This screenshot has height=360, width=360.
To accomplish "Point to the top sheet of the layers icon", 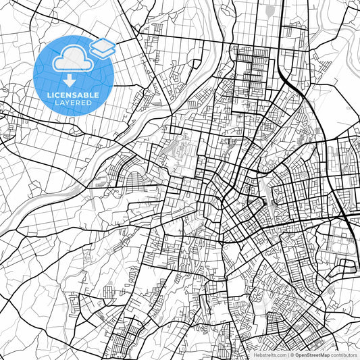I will (x=102, y=43).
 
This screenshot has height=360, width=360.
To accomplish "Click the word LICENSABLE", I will (x=73, y=95).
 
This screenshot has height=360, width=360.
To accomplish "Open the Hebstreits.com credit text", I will (x=269, y=355).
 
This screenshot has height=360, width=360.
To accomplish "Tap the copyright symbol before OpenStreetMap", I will (x=292, y=355).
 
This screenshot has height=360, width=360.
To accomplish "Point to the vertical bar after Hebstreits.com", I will (x=288, y=355).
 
